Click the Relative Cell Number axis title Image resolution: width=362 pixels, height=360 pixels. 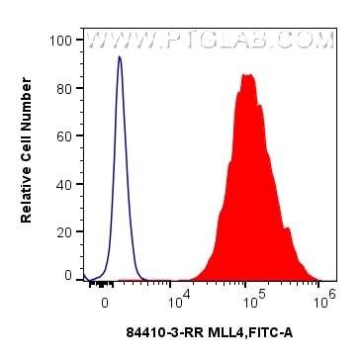tap(28, 158)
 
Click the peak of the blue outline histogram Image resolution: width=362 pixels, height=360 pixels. tap(120, 57)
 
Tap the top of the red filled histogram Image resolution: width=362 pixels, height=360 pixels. tap(248, 75)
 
